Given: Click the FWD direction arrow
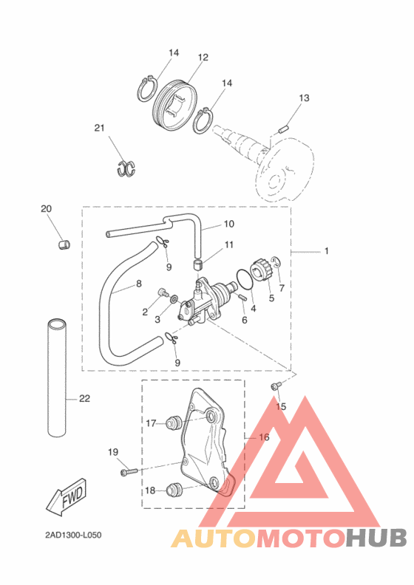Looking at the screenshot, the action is point(67,497).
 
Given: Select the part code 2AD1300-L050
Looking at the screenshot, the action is point(73,535).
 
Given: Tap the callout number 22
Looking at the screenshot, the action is point(84,398).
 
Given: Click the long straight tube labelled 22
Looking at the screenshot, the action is point(57,377).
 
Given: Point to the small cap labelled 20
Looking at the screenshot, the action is point(64,244).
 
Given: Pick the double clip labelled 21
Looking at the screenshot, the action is point(126,168).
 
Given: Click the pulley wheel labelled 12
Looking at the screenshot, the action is point(175,106).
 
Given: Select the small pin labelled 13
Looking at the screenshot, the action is point(284,129).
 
